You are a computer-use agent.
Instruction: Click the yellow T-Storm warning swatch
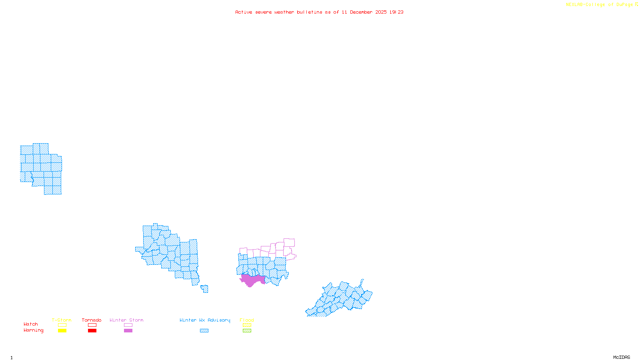tap(62, 331)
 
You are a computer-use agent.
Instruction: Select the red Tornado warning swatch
tap(92, 331)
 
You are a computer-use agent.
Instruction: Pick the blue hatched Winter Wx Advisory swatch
tap(204, 331)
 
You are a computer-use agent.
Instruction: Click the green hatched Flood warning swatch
tap(247, 331)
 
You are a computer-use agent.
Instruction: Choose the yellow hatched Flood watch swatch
tap(247, 325)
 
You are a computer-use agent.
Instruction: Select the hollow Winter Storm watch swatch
tap(128, 325)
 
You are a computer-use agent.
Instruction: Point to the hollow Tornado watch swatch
tap(92, 325)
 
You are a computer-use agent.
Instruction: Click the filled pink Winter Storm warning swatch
tap(128, 331)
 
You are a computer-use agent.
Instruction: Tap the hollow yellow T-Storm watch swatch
tap(62, 325)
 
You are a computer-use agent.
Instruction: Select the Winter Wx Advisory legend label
tap(205, 320)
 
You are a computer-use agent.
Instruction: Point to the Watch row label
tap(31, 324)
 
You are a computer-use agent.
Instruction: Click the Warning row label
tap(33, 330)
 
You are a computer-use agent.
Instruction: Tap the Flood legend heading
tap(247, 320)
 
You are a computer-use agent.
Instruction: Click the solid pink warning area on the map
tap(252, 280)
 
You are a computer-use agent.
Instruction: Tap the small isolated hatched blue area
tap(205, 288)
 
